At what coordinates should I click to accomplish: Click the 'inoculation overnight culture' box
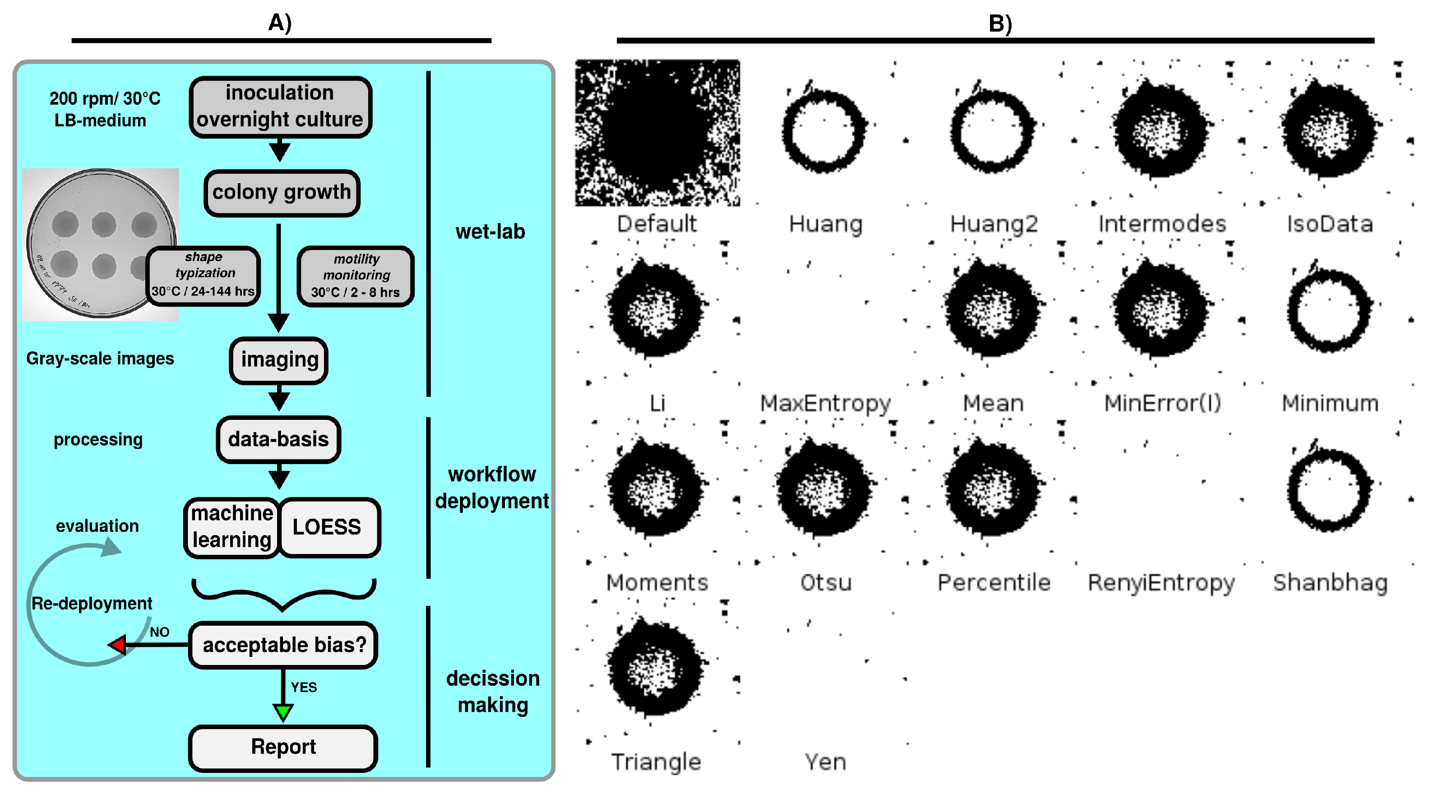coord(280,107)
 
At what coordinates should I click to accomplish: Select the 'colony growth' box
coord(281,192)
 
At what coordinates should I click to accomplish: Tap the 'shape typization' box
coord(203,275)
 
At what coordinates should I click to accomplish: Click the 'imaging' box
coord(278,360)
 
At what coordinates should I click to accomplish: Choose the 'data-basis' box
coord(278,439)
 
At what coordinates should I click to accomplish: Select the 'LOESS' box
coord(328,527)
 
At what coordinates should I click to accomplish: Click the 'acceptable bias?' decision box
coord(283,645)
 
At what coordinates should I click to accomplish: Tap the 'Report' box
coord(283,747)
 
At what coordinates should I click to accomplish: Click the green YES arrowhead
coord(283,711)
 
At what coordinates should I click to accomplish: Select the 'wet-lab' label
coord(490,232)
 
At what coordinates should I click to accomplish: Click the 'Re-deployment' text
coord(92,603)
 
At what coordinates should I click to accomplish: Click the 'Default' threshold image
coord(657,133)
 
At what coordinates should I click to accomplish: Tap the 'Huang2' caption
coord(994,224)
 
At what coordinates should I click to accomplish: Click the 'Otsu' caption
coord(825,582)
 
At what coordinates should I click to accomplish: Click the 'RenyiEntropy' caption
coord(1161,582)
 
